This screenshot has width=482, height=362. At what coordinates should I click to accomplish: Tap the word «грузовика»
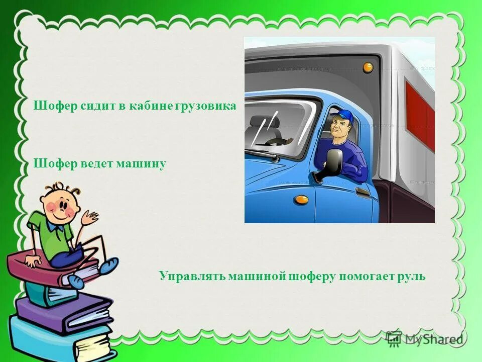pos(205,107)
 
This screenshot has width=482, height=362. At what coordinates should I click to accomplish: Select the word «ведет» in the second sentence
pos(95,164)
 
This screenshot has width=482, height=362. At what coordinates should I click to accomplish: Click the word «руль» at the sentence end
pos(412,276)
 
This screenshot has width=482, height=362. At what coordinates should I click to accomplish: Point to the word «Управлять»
pos(192,276)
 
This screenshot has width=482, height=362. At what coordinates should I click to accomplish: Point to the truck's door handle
pos(363,192)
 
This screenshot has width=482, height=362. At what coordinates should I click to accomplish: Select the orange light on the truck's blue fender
pos(301,199)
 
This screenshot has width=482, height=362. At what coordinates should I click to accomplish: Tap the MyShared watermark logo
pos(424,339)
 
